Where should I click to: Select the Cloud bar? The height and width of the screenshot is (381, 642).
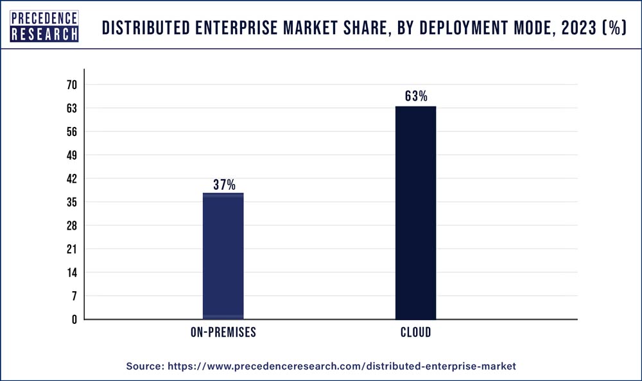click(x=415, y=212)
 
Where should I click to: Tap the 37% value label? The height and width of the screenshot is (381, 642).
click(x=224, y=185)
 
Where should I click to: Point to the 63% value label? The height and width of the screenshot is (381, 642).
click(x=416, y=97)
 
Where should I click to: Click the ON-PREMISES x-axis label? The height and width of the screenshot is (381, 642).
click(x=223, y=333)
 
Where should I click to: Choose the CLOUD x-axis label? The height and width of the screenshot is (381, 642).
click(x=415, y=333)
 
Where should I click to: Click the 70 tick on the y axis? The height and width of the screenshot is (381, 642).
click(x=71, y=85)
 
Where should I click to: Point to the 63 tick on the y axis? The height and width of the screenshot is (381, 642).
click(x=71, y=108)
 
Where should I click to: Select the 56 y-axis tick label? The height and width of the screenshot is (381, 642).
click(x=71, y=132)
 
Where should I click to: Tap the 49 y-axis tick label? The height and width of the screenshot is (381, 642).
click(x=71, y=155)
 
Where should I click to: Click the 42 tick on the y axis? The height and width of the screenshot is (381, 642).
click(x=71, y=179)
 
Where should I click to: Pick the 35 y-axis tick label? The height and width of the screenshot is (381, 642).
click(x=71, y=203)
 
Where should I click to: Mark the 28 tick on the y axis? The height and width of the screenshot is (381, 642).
click(x=71, y=226)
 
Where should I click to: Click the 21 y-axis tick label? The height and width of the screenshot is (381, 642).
click(x=71, y=250)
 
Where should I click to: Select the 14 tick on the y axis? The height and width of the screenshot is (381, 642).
click(x=71, y=273)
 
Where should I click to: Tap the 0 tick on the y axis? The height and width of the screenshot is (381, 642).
click(x=74, y=319)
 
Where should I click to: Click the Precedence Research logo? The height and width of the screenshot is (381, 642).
click(x=44, y=26)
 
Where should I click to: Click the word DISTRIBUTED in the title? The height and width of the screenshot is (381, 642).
click(x=144, y=28)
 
